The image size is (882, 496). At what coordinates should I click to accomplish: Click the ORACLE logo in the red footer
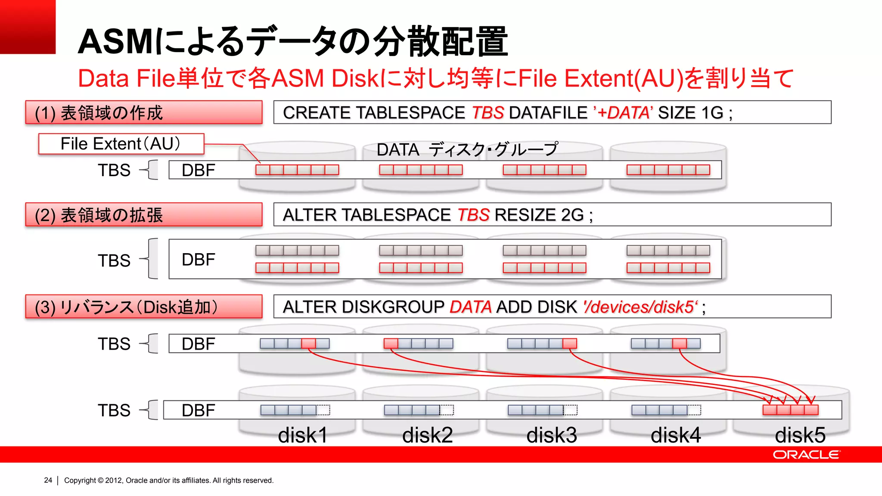[806, 455]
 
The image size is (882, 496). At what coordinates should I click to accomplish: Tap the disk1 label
[303, 435]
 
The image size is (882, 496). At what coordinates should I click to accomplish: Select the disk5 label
[800, 435]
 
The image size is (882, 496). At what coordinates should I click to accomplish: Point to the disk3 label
[551, 435]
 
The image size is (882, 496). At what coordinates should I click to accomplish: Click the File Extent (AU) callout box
[121, 144]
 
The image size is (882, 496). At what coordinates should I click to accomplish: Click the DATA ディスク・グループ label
[467, 149]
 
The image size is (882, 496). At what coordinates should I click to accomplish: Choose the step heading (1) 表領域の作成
[143, 113]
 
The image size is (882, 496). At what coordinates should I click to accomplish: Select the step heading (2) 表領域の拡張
[143, 215]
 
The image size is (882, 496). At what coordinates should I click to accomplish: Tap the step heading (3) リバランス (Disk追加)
[143, 307]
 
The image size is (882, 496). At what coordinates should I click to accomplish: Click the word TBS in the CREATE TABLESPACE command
[488, 113]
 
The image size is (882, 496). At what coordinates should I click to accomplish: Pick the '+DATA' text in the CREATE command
[623, 113]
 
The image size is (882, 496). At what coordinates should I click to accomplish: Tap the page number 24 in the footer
[48, 480]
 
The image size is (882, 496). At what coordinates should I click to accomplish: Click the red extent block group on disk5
[790, 410]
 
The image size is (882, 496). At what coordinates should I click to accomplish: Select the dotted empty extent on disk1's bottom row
[323, 410]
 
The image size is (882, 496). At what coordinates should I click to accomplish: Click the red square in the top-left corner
[28, 27]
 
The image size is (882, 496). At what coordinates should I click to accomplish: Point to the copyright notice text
[169, 480]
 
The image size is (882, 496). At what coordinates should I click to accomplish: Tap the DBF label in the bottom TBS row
[198, 410]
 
